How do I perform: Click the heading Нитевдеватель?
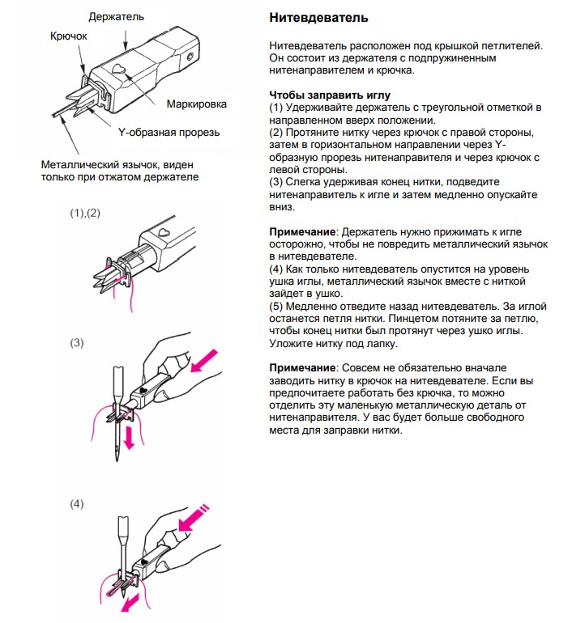(318, 17)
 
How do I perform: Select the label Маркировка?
(197, 104)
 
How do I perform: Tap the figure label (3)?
(77, 343)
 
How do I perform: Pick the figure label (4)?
(77, 504)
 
